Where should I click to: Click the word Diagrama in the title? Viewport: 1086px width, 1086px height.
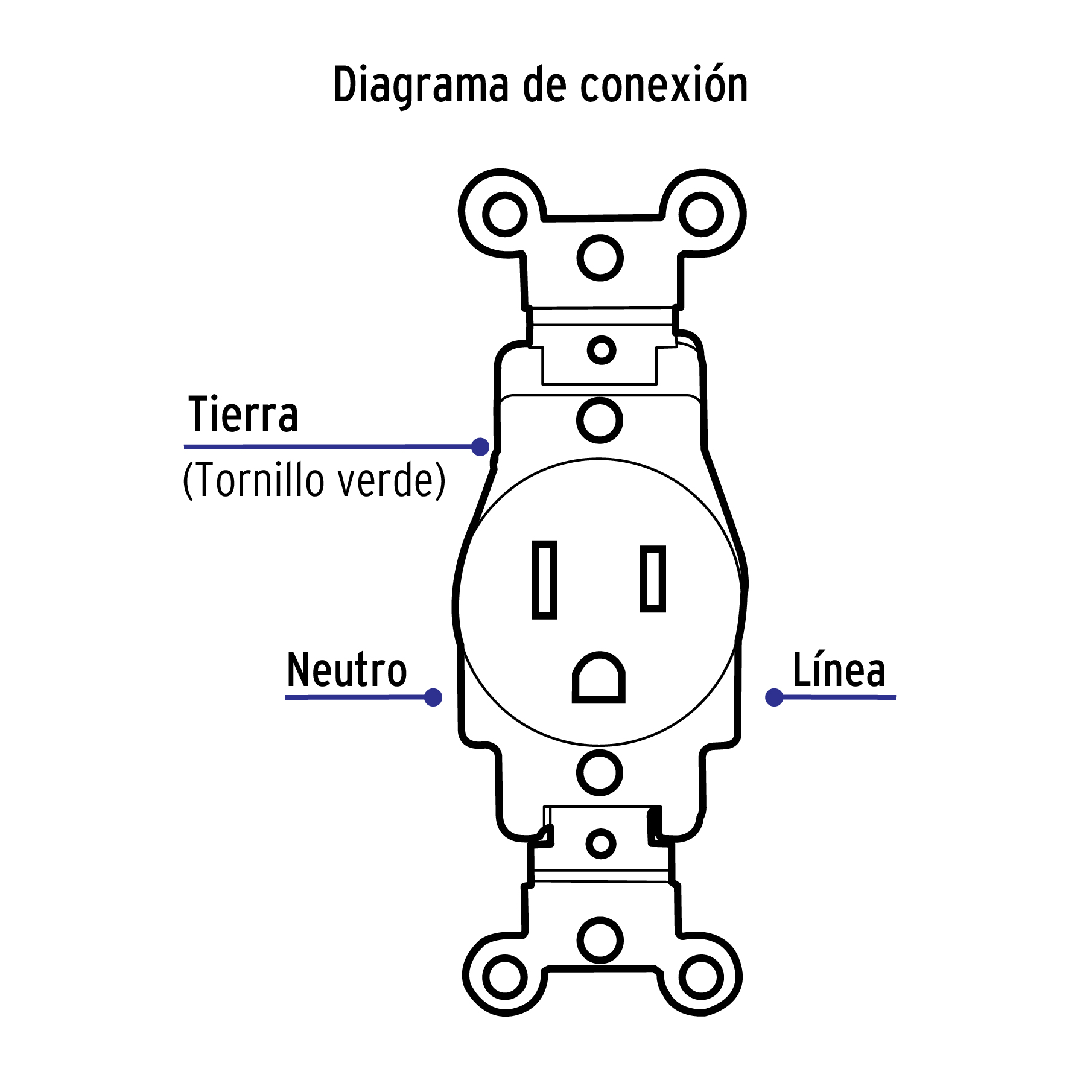[421, 86]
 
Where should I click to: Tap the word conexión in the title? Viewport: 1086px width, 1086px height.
[664, 84]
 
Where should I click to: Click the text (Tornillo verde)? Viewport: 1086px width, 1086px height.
[314, 480]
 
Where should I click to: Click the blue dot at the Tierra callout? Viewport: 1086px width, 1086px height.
[480, 447]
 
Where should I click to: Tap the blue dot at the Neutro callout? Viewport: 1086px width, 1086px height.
[433, 697]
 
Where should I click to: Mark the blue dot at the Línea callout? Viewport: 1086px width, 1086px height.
[774, 697]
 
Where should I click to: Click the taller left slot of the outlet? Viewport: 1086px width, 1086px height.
[544, 580]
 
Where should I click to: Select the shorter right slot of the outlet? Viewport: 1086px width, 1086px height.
[653, 579]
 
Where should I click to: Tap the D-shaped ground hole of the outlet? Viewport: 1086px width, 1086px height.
[599, 679]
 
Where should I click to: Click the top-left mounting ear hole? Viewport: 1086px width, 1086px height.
[505, 214]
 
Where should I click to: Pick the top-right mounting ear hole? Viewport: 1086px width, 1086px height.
[701, 214]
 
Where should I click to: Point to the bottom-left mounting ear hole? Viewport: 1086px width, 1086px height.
[505, 977]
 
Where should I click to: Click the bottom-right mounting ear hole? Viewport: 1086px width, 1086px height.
[701, 977]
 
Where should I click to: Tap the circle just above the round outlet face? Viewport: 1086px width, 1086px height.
[600, 420]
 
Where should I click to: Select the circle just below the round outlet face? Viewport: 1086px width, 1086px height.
[600, 773]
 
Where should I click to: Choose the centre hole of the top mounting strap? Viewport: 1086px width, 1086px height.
[600, 258]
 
